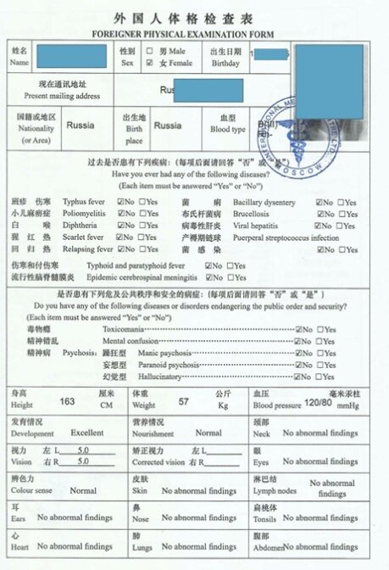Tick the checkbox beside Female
(150, 63)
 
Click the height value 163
(68, 401)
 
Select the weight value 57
(183, 401)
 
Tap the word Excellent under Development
(87, 433)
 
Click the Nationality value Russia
(80, 125)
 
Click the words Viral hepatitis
(255, 226)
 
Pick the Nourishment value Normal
(208, 433)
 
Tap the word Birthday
(225, 63)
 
